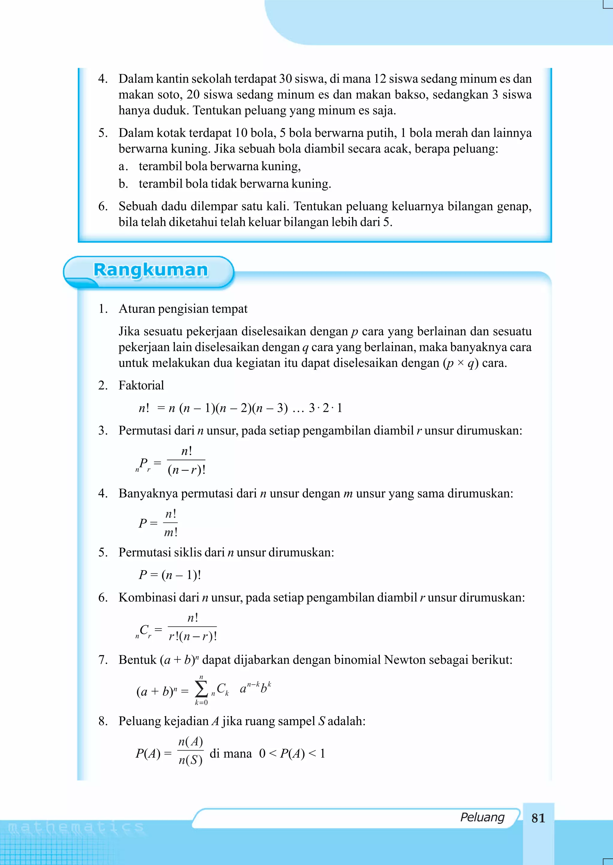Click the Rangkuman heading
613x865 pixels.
click(x=151, y=270)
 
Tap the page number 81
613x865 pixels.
click(x=538, y=818)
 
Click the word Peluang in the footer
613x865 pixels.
click(x=482, y=817)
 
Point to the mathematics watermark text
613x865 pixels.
click(x=76, y=827)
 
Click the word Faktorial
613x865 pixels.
click(x=141, y=385)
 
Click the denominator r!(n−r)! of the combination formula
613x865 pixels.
click(x=192, y=636)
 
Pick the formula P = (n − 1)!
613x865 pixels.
click(x=169, y=575)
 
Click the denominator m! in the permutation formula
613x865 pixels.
click(x=171, y=532)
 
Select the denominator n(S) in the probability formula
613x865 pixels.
click(x=190, y=760)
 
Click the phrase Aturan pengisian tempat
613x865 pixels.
click(x=183, y=309)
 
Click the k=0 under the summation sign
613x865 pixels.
click(x=201, y=703)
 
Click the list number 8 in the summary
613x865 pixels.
click(x=102, y=721)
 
